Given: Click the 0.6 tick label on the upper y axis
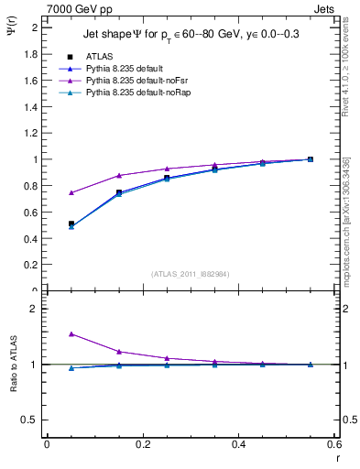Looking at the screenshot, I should click(x=31, y=213).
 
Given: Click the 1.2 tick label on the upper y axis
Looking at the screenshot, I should click(x=31, y=133).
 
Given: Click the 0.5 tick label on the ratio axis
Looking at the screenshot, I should click(x=31, y=420).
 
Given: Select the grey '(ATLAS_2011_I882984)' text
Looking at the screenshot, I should click(x=191, y=273).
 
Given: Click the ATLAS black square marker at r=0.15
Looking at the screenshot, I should click(x=119, y=192).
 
